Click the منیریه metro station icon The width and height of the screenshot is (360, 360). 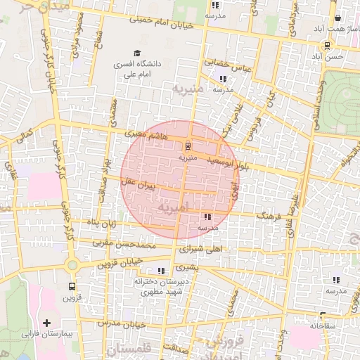coord(187,146)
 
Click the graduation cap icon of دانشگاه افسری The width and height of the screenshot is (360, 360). coord(137,53)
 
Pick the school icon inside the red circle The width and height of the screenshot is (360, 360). coord(207,217)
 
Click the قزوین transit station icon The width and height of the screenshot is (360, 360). coord(72,286)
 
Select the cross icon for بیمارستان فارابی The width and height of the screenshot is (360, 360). coord(46,323)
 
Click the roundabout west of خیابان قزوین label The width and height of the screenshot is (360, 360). coord(72,264)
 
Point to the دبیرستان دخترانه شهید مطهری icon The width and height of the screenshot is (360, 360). coord(162,270)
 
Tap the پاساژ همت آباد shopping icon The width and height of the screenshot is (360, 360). coord(338,19)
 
